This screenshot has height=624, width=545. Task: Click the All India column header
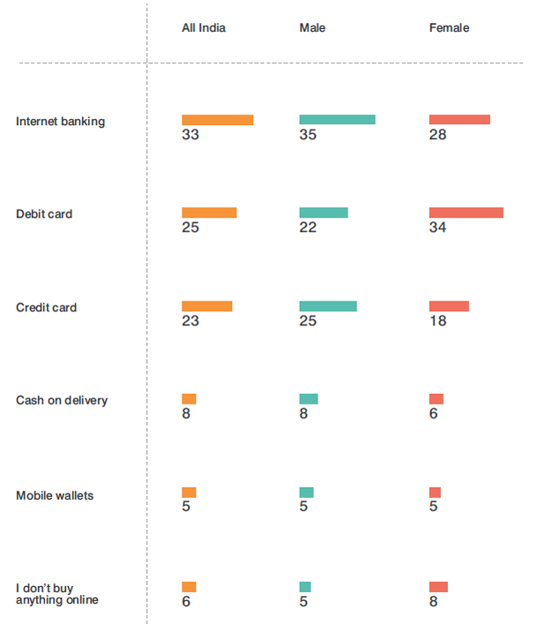point(203,28)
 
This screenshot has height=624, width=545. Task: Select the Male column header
point(312,28)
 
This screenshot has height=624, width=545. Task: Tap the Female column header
point(449,28)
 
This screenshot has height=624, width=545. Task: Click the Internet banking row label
point(60,122)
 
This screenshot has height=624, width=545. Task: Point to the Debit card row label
point(44,214)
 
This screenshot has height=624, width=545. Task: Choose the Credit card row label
point(46,308)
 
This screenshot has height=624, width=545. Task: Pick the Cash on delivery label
point(62,400)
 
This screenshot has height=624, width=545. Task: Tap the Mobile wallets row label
point(55,495)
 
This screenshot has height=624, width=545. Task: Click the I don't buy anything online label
point(56,593)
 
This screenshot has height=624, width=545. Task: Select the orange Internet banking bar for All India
point(217,120)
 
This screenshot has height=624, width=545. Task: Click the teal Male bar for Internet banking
point(337,120)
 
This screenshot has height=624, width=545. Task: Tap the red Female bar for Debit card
point(466,212)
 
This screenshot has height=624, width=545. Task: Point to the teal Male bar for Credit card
point(328,306)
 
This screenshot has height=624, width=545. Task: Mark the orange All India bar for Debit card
point(209,212)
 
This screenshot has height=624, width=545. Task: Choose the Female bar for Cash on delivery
point(436,399)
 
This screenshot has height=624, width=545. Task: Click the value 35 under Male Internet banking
point(308,135)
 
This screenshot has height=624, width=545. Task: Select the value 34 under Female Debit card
point(437,227)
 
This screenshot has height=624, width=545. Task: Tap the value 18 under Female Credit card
point(437,321)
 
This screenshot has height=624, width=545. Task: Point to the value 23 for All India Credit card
point(190,321)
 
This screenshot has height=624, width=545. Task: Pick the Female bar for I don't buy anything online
point(438,587)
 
